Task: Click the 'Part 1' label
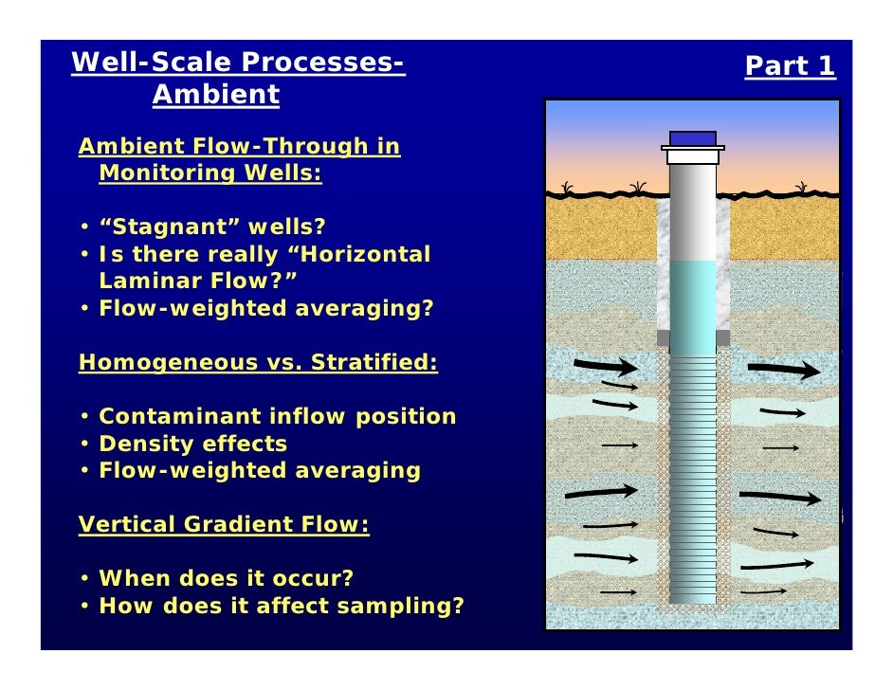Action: (x=790, y=66)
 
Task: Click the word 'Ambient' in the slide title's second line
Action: (x=216, y=95)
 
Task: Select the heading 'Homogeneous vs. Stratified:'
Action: (x=258, y=363)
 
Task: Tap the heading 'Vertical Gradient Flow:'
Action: (x=224, y=525)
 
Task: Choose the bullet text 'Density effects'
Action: (x=192, y=444)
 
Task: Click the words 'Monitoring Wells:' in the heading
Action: (x=210, y=173)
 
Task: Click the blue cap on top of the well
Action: (x=692, y=138)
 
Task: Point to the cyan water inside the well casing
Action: (x=692, y=294)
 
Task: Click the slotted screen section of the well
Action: (x=692, y=474)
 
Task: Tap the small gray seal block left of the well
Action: (x=663, y=337)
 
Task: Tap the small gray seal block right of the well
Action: (x=722, y=337)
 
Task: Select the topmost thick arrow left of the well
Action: (x=606, y=366)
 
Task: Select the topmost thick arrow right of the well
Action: (x=781, y=370)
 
